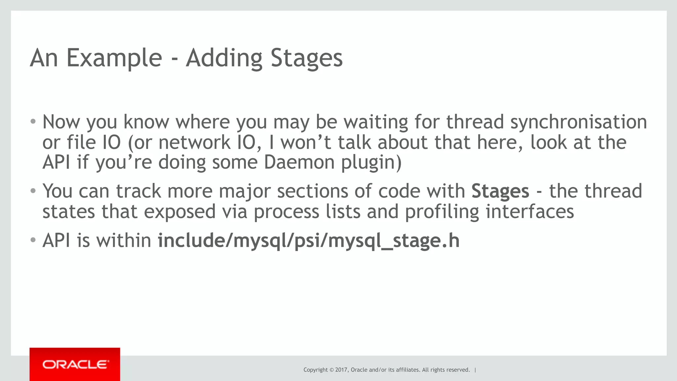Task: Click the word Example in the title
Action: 114,58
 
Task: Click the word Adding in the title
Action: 224,58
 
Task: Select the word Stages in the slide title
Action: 306,58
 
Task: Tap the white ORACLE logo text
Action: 75,364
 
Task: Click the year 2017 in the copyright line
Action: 341,370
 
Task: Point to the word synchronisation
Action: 578,122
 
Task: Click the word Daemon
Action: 299,163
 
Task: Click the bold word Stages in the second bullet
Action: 500,191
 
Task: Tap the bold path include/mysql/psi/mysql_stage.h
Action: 308,241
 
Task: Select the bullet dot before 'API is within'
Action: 33,240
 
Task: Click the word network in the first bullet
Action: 194,142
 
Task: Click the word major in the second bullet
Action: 245,191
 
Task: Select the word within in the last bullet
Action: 124,241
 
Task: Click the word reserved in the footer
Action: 458,370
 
